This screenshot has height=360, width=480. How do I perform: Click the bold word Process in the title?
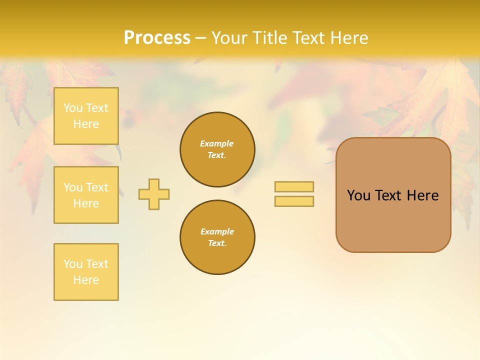pos(157,38)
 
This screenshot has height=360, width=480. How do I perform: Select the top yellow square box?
pos(86,116)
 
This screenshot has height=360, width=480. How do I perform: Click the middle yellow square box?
pos(86,195)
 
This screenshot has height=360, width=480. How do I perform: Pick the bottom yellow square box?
pos(86,272)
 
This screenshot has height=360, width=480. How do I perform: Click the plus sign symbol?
pos(154,194)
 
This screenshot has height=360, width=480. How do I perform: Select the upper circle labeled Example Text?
pos(217,149)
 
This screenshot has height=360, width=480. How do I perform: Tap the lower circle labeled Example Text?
pos(217,237)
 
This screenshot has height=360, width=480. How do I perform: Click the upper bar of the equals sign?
pos(294,186)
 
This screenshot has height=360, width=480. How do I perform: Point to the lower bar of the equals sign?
pos(294,201)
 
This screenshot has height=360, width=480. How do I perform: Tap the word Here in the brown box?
pos(422,195)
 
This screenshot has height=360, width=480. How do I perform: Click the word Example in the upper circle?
pos(217,143)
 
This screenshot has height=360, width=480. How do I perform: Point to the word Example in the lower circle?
pos(217,231)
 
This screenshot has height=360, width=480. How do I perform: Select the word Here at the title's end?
pos(349,38)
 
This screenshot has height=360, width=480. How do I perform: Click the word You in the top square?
pos(73,108)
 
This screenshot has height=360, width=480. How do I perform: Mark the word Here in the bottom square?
pos(86,280)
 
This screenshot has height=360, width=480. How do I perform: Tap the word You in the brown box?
pos(358,195)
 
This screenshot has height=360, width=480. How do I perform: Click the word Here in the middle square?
pos(86,203)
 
